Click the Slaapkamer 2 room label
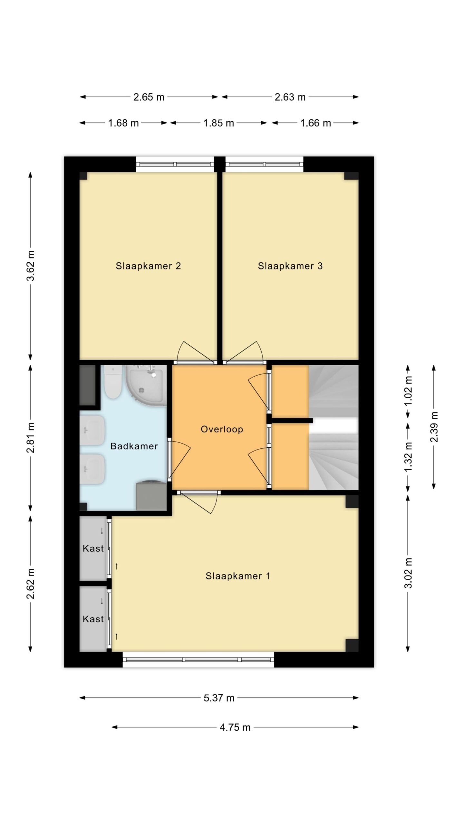point(148,266)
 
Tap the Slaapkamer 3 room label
point(290,266)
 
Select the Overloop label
point(222,429)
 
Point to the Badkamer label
point(134,446)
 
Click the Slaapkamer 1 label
point(238,576)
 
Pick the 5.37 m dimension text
point(219,698)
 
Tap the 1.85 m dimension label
point(218,123)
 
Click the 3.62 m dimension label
point(30,266)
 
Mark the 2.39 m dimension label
point(434,427)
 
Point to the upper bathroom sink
point(92,430)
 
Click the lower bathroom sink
point(92,469)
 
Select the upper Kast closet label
point(93,548)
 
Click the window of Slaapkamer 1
point(198,660)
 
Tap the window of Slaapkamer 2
point(175,164)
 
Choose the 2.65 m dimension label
point(149,97)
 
